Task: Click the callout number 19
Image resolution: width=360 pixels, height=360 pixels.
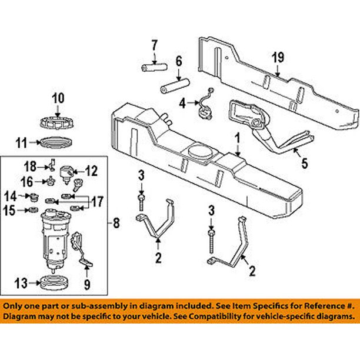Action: [x=277, y=58]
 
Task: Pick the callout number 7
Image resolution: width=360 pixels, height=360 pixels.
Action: [x=154, y=45]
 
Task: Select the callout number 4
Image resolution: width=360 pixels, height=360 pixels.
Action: [x=182, y=104]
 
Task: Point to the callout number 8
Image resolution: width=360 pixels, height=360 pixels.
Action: [x=116, y=223]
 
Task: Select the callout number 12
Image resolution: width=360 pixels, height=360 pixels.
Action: [x=92, y=171]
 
